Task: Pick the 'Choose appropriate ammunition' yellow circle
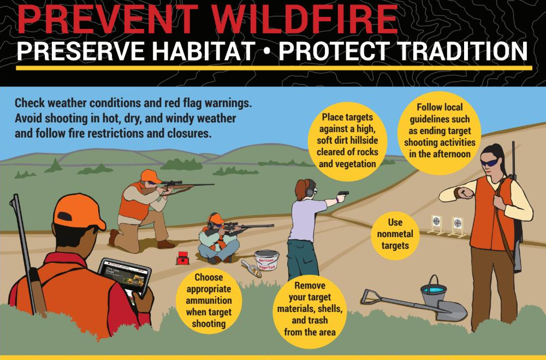point(205,300)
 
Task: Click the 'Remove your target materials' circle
point(310,309)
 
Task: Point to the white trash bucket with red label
point(266,259)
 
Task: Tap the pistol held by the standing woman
point(343,194)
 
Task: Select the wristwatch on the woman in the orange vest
point(458,193)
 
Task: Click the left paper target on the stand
point(436,221)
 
